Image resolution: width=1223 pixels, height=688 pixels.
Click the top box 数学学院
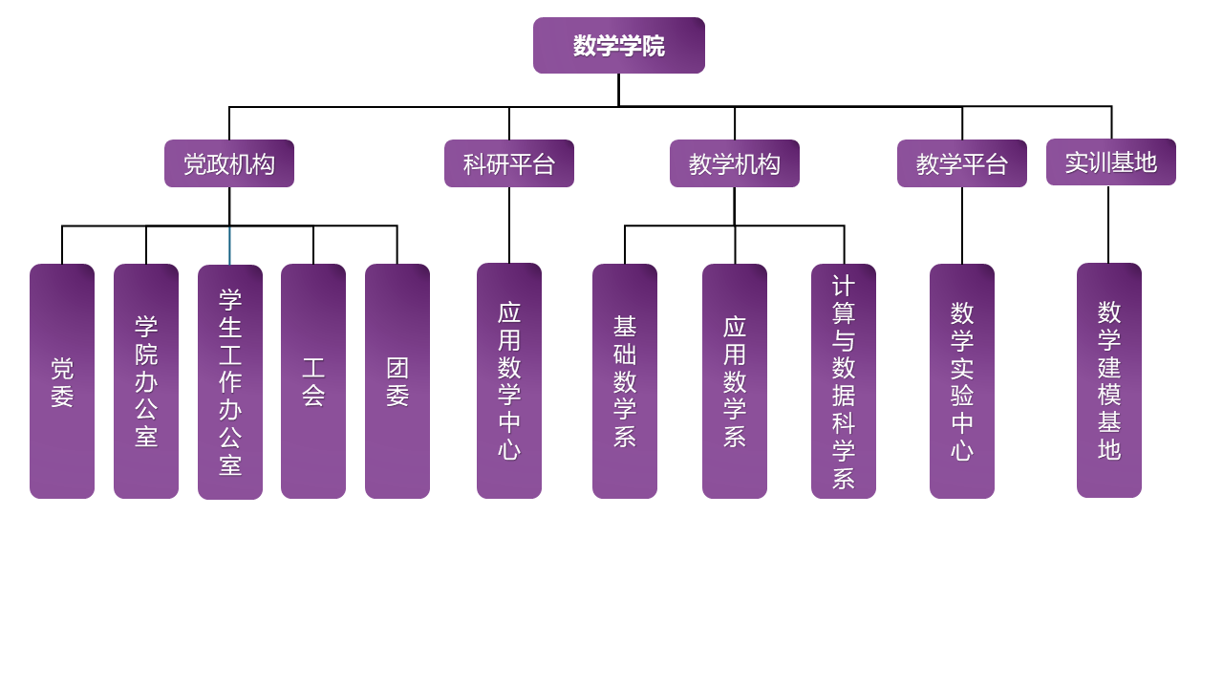pyautogui.click(x=618, y=45)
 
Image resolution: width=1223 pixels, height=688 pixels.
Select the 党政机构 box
pyautogui.click(x=229, y=163)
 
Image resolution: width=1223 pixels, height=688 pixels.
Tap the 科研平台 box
pyautogui.click(x=509, y=163)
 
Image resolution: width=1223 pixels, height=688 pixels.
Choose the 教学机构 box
pyautogui.click(x=735, y=163)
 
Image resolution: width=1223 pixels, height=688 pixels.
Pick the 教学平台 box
pyautogui.click(x=962, y=163)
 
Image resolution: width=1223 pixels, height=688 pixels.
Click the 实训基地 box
pyautogui.click(x=1111, y=162)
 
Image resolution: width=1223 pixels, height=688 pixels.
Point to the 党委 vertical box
pyautogui.click(x=62, y=381)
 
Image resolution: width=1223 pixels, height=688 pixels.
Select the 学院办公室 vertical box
pyautogui.click(x=146, y=381)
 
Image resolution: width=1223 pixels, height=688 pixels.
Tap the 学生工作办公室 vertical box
pyautogui.click(x=230, y=382)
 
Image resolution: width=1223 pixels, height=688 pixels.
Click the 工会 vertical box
pyautogui.click(x=313, y=381)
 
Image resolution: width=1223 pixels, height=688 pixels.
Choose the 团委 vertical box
pyautogui.click(x=397, y=381)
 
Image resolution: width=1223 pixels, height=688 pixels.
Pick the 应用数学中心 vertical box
pyautogui.click(x=509, y=380)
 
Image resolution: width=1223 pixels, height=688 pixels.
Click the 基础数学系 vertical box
pyautogui.click(x=625, y=381)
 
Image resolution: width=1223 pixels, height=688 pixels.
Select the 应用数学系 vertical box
pyautogui.click(x=735, y=381)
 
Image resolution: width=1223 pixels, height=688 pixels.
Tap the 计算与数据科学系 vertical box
pyautogui.click(x=844, y=381)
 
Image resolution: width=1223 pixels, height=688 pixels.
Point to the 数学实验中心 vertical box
pyautogui.click(x=962, y=381)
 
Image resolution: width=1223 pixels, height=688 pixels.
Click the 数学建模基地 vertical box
pyautogui.click(x=1109, y=380)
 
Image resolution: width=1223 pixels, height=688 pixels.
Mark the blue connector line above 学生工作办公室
pyautogui.click(x=229, y=247)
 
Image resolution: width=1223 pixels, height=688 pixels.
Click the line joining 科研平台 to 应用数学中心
pyautogui.click(x=509, y=225)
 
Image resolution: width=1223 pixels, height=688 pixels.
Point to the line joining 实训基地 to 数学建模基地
pyautogui.click(x=1108, y=224)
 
